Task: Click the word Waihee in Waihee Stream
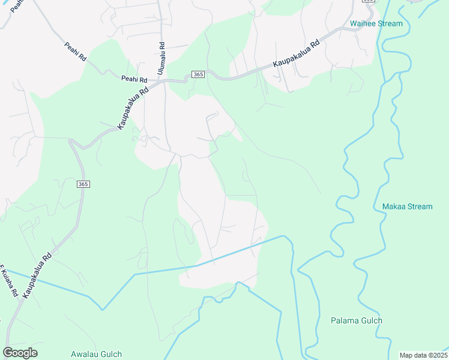point(363,24)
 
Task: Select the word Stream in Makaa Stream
point(420,206)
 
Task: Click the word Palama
point(344,320)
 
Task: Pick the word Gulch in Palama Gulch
point(371,320)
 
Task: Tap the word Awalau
point(84,354)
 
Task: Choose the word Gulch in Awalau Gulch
point(111,354)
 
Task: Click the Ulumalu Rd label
point(161,58)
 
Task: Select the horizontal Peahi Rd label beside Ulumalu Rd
point(134,79)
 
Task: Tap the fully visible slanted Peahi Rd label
point(75,51)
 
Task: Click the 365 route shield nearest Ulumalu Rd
point(199,74)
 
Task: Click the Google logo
point(20,353)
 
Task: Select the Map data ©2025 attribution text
point(423,355)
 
